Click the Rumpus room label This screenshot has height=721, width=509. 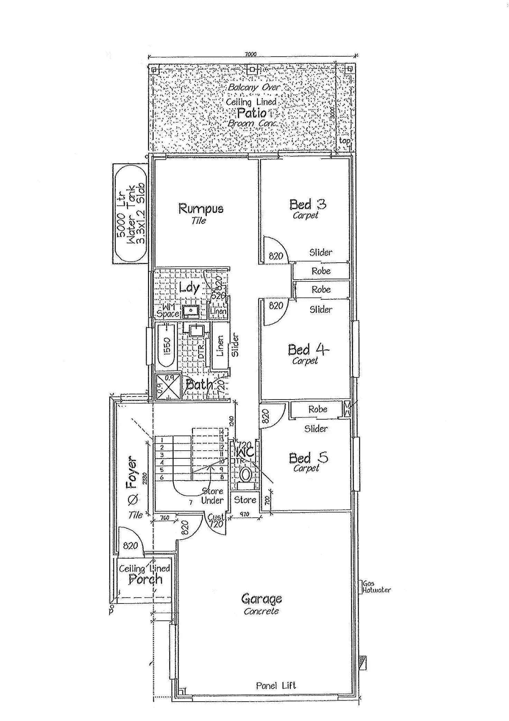[x=201, y=209]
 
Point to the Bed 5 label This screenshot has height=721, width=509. [x=308, y=458]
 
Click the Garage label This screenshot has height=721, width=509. [x=261, y=599]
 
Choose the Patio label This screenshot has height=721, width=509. [x=252, y=113]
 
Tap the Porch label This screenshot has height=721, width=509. [x=145, y=579]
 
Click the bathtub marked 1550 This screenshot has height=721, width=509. [x=166, y=346]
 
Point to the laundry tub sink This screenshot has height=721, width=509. [x=191, y=311]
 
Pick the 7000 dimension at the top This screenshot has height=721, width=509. [x=251, y=54]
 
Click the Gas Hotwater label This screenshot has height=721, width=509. [x=376, y=587]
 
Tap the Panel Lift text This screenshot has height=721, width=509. [x=276, y=685]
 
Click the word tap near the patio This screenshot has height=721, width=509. [x=344, y=141]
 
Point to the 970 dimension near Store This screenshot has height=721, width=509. [x=244, y=514]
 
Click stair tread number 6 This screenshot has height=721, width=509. [x=161, y=477]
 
